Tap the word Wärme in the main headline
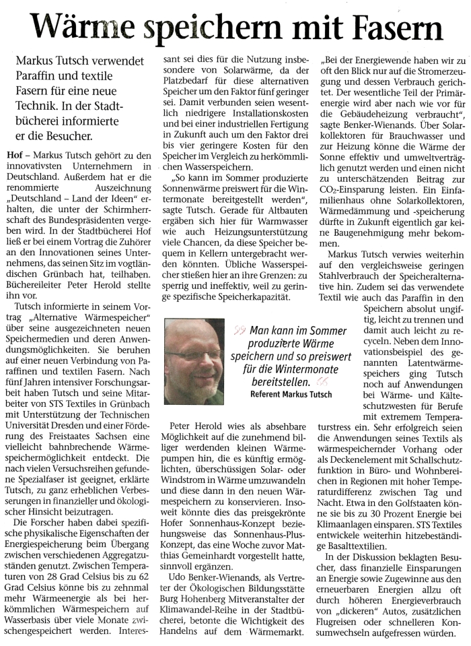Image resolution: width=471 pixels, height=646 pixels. (85, 28)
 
